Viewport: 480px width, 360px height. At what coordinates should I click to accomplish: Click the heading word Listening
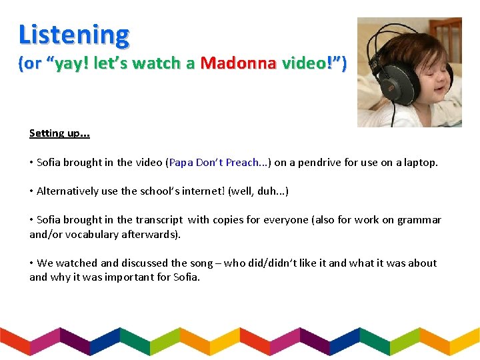coord(74,34)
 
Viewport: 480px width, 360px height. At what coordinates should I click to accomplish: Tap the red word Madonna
coord(237,63)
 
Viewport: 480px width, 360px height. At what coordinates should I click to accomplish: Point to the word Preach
coord(243,162)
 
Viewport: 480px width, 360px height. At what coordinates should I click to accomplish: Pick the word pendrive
coord(319,162)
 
